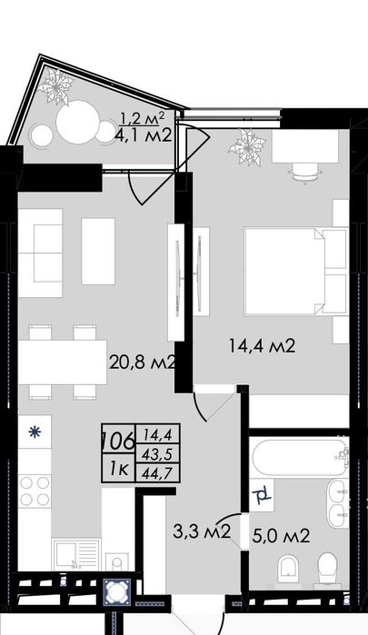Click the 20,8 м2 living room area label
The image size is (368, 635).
143,362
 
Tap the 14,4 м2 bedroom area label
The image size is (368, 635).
263,346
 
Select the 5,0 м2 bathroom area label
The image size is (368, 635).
281,536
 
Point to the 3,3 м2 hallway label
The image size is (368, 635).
202,531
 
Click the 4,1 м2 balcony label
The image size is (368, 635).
143,135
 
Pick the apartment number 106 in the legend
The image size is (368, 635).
118,441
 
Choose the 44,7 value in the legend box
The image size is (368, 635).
157,473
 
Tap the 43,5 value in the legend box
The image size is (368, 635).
157,454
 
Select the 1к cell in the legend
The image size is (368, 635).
119,470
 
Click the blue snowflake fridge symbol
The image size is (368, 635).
35,432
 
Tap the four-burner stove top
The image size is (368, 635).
35,491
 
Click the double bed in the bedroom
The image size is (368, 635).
295,271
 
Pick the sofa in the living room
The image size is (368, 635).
40,253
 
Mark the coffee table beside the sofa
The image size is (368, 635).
98,251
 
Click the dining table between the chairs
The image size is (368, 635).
63,362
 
